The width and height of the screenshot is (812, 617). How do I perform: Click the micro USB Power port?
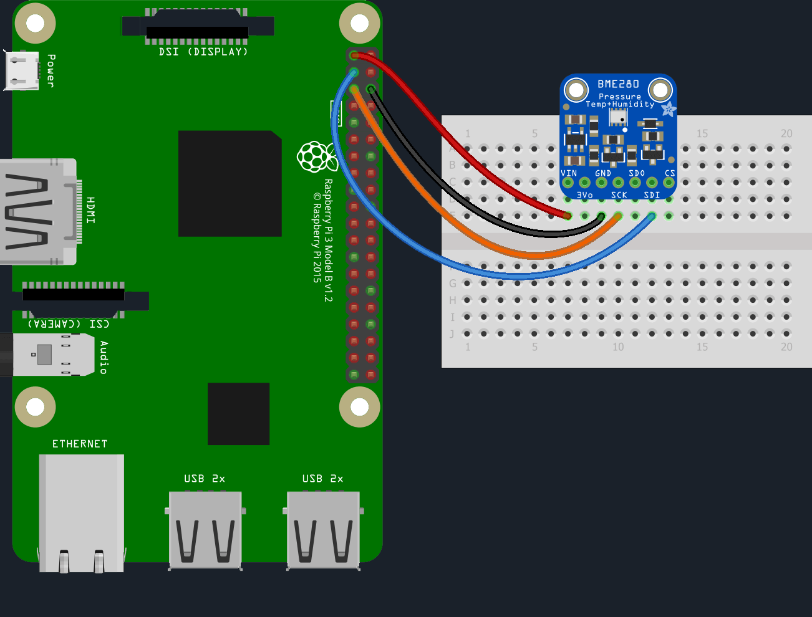(22, 70)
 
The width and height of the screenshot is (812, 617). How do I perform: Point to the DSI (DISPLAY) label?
(203, 52)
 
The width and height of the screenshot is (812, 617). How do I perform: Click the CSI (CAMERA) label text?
(69, 324)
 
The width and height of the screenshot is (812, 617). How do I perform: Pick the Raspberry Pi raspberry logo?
(317, 156)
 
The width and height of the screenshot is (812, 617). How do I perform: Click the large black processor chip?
(230, 183)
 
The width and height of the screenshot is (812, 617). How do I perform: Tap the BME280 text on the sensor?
(618, 84)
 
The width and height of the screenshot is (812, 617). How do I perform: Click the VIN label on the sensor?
(569, 173)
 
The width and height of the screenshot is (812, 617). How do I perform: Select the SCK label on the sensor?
(619, 195)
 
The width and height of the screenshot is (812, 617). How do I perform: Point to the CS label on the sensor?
(670, 173)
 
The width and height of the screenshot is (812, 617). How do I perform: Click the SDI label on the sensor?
(652, 195)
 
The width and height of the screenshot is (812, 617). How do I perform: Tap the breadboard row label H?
(453, 300)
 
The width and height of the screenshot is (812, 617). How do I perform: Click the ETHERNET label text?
(80, 444)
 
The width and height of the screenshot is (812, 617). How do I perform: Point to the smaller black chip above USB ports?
(238, 414)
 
